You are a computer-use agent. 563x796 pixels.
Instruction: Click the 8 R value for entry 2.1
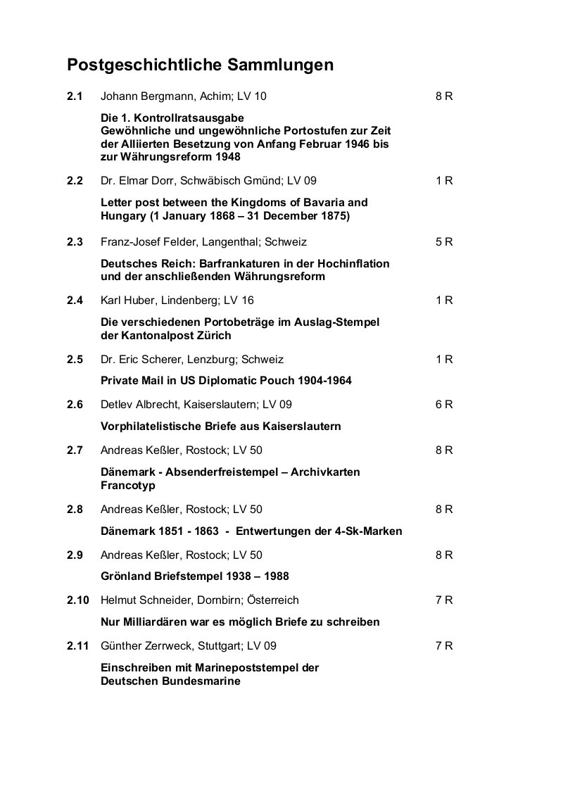444,96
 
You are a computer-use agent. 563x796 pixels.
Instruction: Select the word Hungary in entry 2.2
122,215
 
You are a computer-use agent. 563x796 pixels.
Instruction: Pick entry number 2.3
75,241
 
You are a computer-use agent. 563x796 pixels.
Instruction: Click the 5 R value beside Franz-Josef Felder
444,241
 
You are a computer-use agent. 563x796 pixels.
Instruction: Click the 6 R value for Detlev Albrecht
444,404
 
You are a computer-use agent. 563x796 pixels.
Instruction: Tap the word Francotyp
128,486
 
